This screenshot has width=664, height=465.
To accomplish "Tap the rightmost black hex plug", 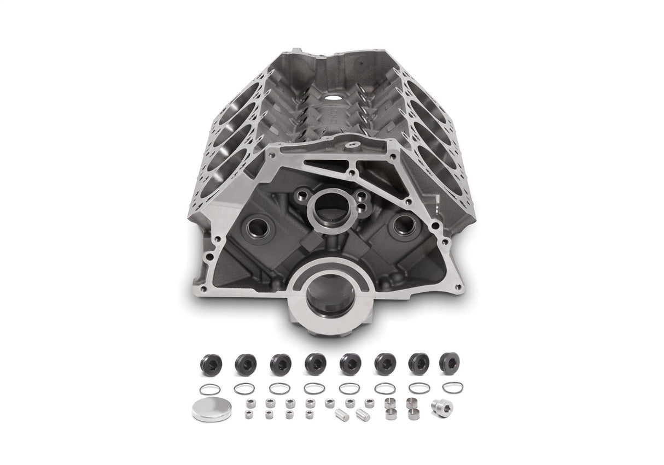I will click(449, 363).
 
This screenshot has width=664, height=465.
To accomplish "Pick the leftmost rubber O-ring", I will click(209, 389).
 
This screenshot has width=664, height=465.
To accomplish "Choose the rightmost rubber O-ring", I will click(453, 387).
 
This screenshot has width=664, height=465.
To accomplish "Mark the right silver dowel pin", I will click(362, 415).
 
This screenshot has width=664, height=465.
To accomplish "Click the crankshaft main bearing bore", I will click(330, 295).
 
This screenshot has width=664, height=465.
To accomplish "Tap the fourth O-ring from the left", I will click(314, 389).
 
